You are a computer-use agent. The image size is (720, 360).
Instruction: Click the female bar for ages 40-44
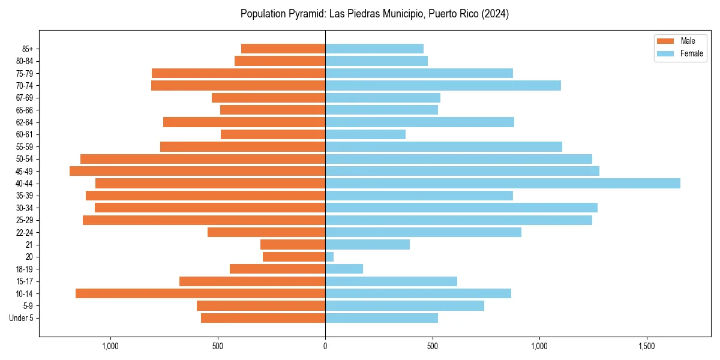[x=502, y=184]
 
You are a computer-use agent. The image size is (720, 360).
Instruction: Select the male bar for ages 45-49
[x=197, y=171]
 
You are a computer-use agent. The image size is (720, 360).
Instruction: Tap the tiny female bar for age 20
[x=329, y=257]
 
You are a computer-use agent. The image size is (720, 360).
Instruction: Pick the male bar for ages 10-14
[x=200, y=293]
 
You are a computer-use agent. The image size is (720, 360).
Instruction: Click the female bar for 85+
[x=374, y=49]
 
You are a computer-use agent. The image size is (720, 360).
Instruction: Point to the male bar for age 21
[x=293, y=245]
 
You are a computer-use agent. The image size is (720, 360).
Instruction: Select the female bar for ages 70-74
[x=443, y=85]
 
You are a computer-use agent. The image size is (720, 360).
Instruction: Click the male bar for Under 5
[x=263, y=318]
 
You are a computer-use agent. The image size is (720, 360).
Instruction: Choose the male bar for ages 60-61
[x=273, y=134]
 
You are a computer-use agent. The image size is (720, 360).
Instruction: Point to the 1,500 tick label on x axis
[x=646, y=346]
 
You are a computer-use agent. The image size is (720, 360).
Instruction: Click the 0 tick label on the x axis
[x=325, y=346]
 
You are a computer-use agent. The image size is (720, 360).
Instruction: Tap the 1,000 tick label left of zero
[x=111, y=346]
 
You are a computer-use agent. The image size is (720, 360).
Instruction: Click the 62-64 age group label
[x=24, y=122]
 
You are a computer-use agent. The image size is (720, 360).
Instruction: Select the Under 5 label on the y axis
[x=21, y=318]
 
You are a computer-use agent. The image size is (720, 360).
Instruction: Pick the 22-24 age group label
[x=24, y=233]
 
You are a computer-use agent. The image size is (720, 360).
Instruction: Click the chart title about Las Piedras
[x=374, y=14]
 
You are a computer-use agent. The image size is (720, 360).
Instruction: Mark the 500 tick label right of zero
[x=432, y=346]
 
